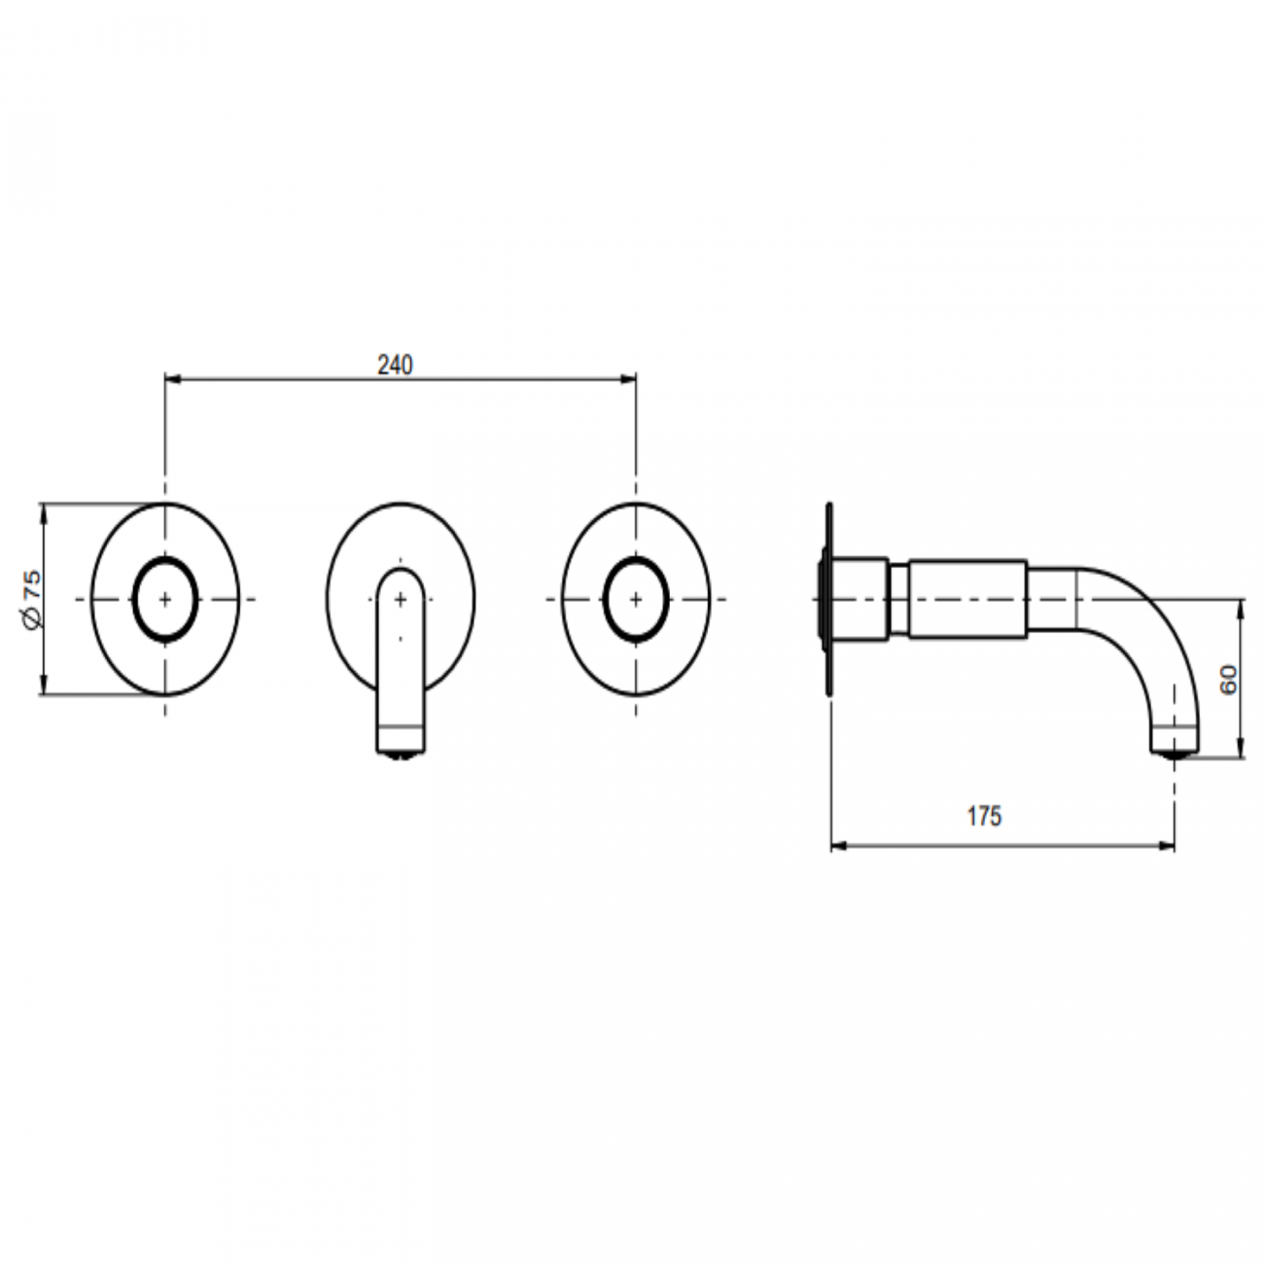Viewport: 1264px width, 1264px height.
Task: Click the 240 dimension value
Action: [395, 365]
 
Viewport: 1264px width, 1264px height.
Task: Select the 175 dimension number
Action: [983, 816]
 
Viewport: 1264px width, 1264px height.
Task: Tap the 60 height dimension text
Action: [1228, 679]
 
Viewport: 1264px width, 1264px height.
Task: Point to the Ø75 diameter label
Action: [32, 600]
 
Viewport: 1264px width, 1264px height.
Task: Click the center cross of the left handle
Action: [165, 599]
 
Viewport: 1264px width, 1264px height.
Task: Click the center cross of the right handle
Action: [636, 599]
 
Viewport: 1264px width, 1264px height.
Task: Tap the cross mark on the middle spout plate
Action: [401, 600]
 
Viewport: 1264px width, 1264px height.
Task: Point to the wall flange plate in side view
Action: [828, 599]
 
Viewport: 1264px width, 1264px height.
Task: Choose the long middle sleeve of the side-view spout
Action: [967, 599]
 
